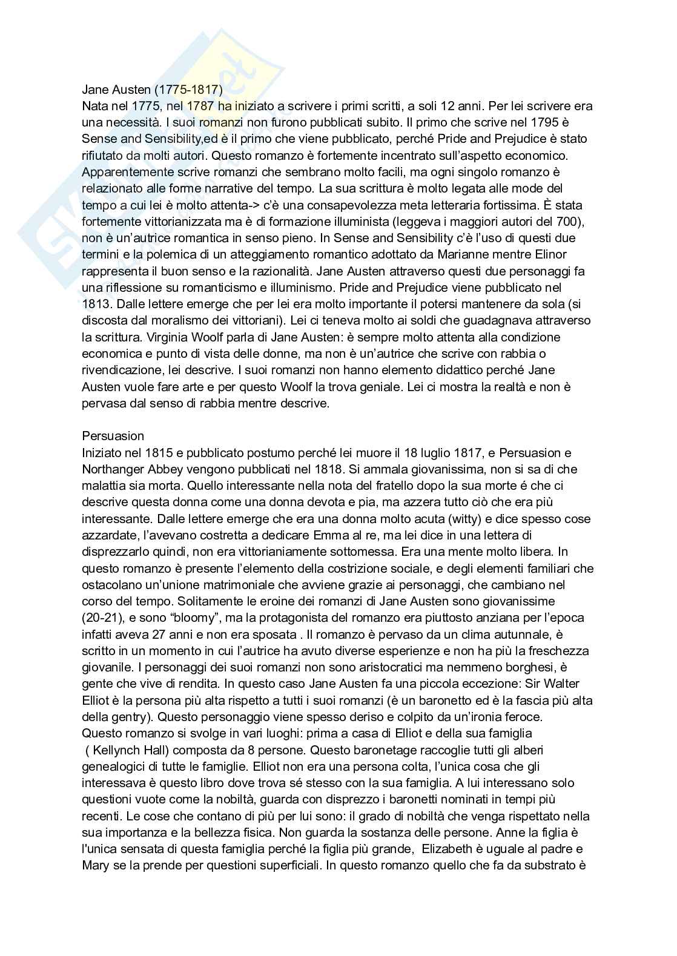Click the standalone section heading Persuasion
point(113,436)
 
